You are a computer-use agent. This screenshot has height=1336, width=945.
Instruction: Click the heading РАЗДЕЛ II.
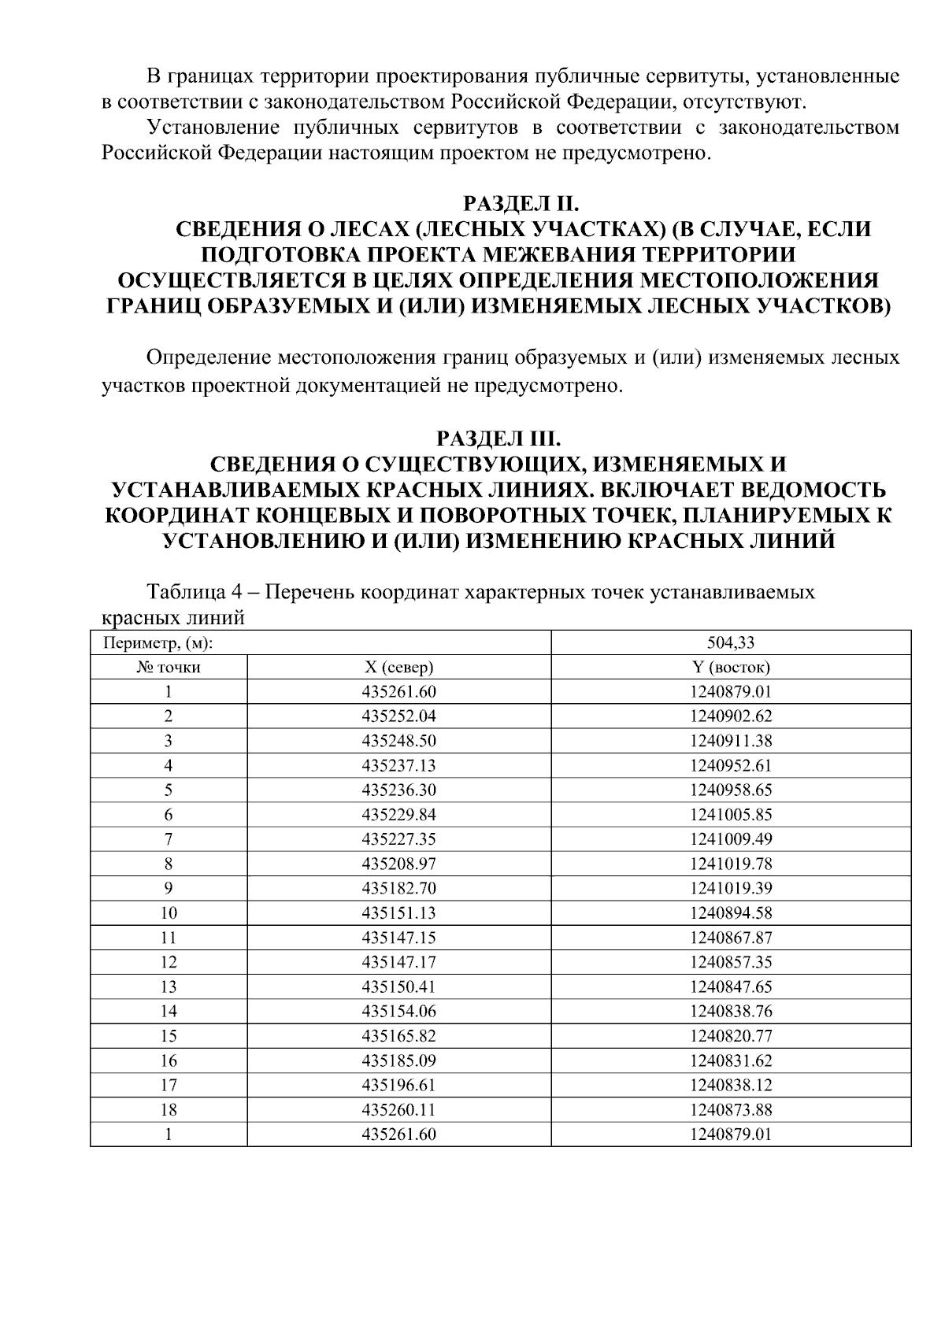tap(521, 204)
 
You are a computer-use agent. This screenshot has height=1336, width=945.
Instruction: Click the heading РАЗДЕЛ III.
tap(498, 437)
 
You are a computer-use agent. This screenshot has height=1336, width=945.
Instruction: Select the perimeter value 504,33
tap(730, 642)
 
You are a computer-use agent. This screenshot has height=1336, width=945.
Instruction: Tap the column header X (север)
tap(398, 668)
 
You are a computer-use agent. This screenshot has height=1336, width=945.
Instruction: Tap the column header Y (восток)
tap(730, 668)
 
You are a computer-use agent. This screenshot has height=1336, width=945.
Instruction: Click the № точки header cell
tap(169, 668)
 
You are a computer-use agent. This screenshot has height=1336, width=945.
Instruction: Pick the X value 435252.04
tap(398, 716)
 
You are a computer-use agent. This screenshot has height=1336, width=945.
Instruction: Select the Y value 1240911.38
tap(730, 741)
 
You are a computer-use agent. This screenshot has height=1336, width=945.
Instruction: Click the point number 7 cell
tap(169, 839)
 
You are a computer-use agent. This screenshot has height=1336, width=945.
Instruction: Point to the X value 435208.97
tap(398, 864)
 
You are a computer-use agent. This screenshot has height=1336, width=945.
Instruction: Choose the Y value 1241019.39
tap(730, 888)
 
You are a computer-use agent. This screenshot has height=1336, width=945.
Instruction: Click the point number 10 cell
tap(169, 913)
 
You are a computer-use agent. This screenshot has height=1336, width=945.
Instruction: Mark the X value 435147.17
tap(398, 962)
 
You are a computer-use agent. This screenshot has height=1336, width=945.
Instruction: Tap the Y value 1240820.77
tap(730, 1036)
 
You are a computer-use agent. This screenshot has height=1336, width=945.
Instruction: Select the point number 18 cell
tap(169, 1110)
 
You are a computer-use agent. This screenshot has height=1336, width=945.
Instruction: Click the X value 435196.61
tap(398, 1086)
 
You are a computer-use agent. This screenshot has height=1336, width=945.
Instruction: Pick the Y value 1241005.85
tap(730, 815)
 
